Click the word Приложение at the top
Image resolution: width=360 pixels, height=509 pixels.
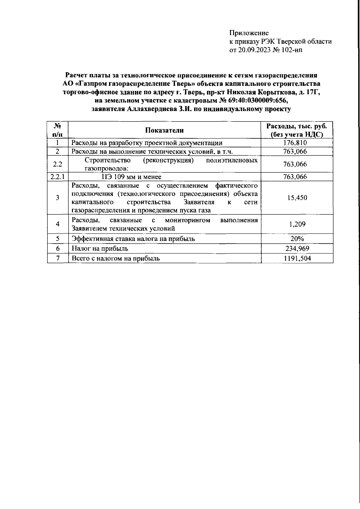[x=249, y=33]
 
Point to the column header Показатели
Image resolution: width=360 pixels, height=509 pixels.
[x=164, y=130]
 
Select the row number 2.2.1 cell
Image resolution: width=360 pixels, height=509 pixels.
[x=57, y=177]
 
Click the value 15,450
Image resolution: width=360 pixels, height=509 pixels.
[x=297, y=198]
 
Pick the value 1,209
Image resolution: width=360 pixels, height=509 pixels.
[x=297, y=224]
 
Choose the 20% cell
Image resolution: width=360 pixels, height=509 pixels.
[x=297, y=239]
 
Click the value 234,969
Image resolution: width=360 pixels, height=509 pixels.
[x=297, y=248]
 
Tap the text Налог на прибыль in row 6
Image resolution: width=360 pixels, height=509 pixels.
[x=100, y=248]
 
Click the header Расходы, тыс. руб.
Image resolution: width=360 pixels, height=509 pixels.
[x=297, y=126]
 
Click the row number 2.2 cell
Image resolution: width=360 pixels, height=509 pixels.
[x=57, y=164]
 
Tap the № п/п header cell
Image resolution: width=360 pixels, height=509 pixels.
[x=57, y=130]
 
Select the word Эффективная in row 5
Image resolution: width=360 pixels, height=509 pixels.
[x=91, y=239]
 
